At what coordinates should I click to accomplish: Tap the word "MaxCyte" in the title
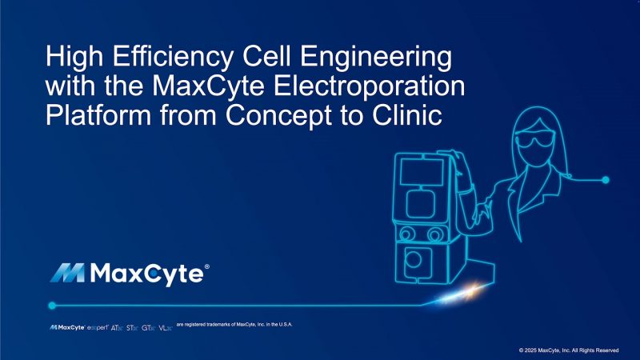tap(206, 86)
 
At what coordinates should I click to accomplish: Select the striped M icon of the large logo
tap(70, 274)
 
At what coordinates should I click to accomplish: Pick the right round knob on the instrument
tap(435, 234)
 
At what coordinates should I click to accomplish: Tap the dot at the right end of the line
tap(606, 178)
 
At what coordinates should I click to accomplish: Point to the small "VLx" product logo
tap(165, 328)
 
